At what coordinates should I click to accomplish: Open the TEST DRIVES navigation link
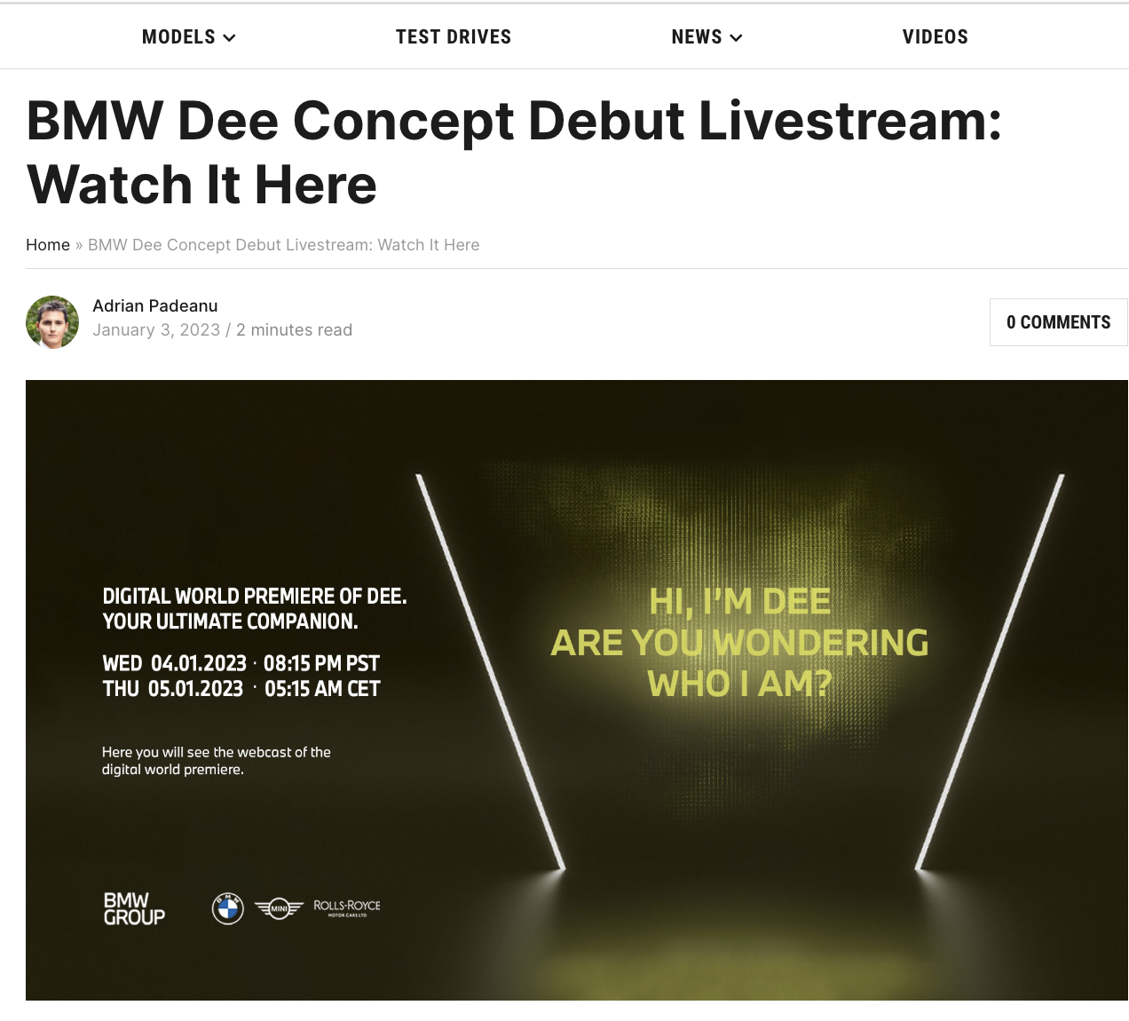453,37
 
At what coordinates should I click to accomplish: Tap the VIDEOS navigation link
936,37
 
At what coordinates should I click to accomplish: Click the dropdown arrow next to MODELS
229,38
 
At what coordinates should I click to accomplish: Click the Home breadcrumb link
48,245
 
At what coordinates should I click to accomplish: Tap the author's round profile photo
52,322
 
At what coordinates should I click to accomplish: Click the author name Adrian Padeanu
154,305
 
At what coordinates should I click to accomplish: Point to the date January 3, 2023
156,330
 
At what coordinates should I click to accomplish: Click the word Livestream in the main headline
849,121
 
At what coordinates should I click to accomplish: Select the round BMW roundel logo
228,908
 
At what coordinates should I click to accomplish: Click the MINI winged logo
280,908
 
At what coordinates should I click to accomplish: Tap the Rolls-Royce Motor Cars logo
347,907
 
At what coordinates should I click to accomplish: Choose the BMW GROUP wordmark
134,908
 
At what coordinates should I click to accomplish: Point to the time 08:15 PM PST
321,663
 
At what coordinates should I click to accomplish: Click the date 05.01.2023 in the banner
195,689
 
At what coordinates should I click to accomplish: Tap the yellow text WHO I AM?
739,685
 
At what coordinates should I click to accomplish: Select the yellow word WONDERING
821,643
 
